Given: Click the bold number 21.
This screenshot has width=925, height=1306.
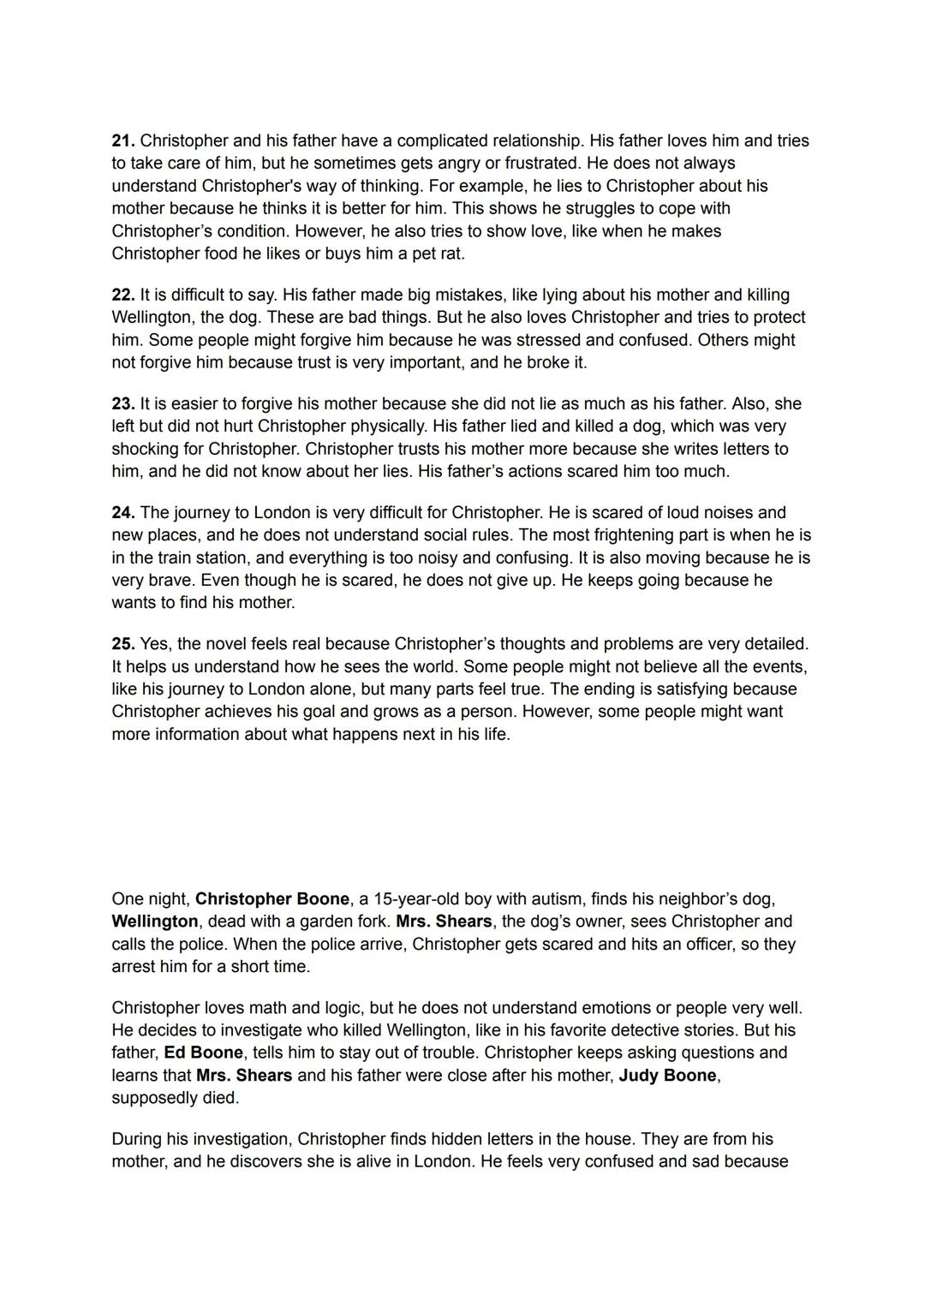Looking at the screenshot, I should point(123,140).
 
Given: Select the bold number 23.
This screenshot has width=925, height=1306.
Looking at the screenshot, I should point(123,403).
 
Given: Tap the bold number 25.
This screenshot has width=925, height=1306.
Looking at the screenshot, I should point(123,643).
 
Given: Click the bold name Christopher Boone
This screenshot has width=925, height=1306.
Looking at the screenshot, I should point(272,898).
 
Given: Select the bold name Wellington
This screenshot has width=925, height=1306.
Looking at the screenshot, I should point(155,921).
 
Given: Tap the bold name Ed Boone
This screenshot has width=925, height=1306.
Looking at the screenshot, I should point(204,1053).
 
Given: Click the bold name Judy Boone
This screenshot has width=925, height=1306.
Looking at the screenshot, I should point(667,1075).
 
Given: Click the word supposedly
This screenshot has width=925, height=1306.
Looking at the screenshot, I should point(155,1098).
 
